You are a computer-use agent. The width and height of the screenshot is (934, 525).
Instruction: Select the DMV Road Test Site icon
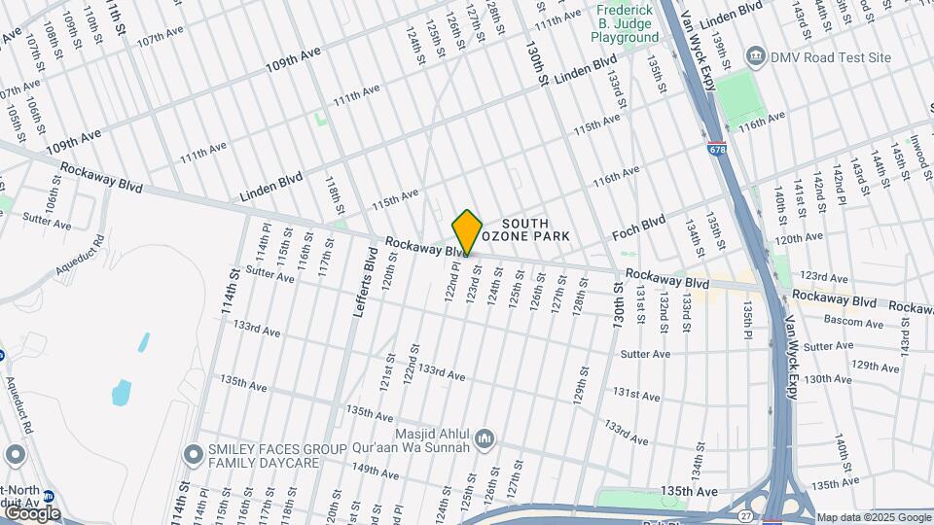point(754,57)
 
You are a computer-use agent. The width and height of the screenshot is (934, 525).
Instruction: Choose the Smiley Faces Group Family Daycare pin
point(192,455)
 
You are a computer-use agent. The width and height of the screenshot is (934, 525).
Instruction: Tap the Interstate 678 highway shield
point(717,150)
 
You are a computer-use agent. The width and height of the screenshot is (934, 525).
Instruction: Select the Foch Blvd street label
point(638,228)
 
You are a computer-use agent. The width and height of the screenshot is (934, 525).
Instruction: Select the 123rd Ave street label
point(824,278)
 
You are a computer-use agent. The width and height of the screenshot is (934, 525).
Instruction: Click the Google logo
point(32,512)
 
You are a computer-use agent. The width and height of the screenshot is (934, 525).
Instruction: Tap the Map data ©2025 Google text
point(873,517)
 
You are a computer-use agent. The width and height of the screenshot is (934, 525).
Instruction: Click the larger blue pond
point(122,393)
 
